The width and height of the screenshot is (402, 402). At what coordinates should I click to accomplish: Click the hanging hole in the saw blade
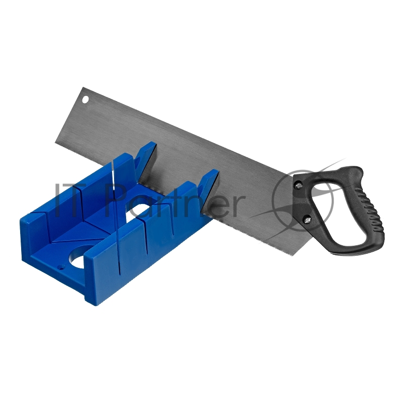point(85,99)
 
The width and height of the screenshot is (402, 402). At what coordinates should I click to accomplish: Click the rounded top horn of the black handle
point(353,171)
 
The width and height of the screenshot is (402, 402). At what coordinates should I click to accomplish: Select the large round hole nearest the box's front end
point(80,256)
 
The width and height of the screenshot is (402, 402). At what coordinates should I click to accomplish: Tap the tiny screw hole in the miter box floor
point(61,267)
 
